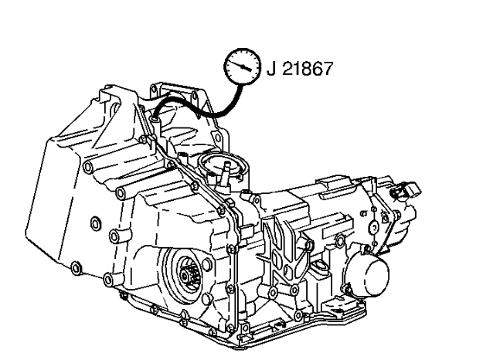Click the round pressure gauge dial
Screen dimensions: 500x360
pyautogui.click(x=243, y=66)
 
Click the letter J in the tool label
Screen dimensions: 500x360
pyautogui.click(x=271, y=68)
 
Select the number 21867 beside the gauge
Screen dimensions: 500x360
pyautogui.click(x=308, y=69)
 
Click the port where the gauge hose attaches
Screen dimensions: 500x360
pyautogui.click(x=155, y=121)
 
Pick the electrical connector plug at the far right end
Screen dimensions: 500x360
pyautogui.click(x=406, y=191)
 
